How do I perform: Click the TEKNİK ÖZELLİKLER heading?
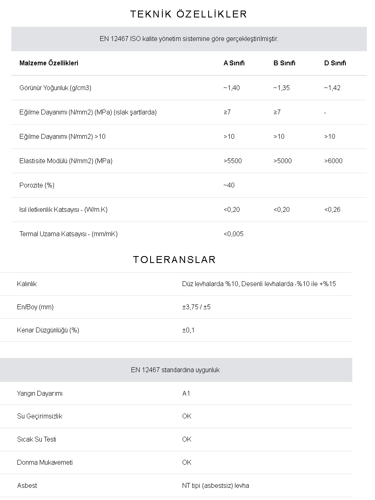[x=188, y=14]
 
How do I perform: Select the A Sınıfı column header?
[x=234, y=63]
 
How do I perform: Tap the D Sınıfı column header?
[x=335, y=63]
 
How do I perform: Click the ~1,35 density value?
[x=281, y=88]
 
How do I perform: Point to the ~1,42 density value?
[x=332, y=88]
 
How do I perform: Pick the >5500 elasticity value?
[x=233, y=161]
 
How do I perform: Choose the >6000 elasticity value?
[x=333, y=161]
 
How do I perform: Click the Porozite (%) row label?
[x=37, y=185]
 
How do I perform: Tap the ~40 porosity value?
[x=229, y=185]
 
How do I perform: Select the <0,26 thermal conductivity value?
[x=332, y=209]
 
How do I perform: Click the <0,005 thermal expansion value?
[x=233, y=234]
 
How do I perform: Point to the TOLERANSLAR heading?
[x=174, y=260]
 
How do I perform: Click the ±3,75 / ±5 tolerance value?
[x=196, y=307]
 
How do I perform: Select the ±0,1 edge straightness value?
[x=188, y=330]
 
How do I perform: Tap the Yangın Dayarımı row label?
[x=40, y=393]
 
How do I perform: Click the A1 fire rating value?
[x=186, y=393]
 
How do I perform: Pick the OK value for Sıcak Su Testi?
[x=187, y=439]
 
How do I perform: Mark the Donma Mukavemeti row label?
[x=45, y=462]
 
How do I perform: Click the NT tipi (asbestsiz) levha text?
[x=216, y=485]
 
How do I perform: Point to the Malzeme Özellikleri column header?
[x=49, y=63]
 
